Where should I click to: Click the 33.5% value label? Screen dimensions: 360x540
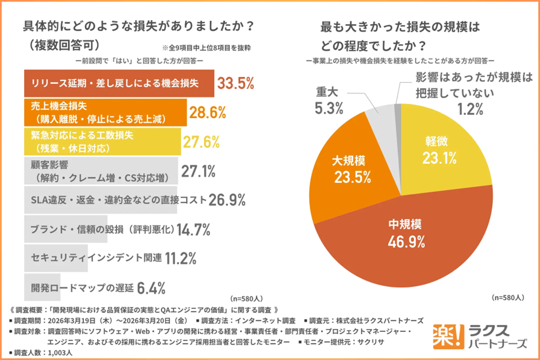coord(236,84)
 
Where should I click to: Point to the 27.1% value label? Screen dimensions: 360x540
coord(198,171)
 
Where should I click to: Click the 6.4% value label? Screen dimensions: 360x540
coord(152,287)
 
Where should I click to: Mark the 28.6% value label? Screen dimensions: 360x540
coord(207,113)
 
